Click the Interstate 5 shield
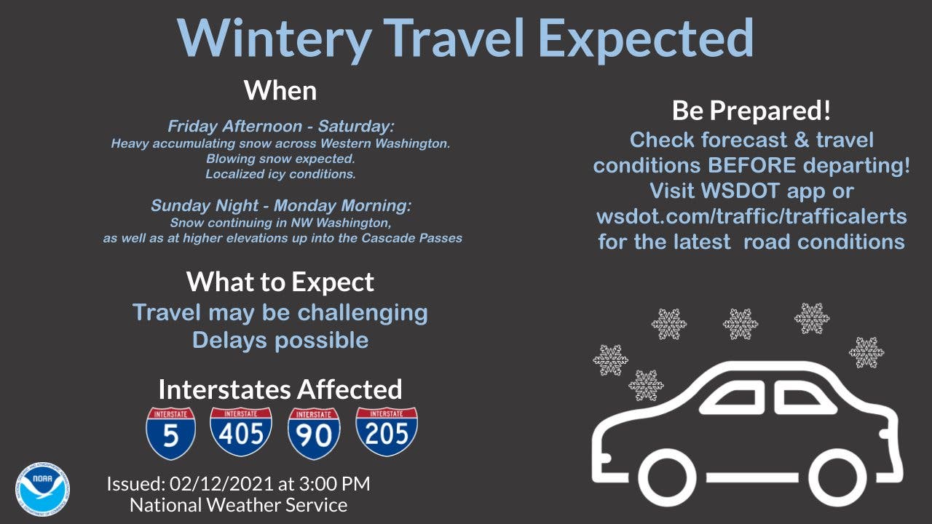click(x=170, y=433)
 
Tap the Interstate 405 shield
click(x=241, y=432)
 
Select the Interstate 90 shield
click(x=314, y=433)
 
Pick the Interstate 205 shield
click(x=387, y=432)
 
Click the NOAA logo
click(x=42, y=489)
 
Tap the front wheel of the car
click(x=667, y=477)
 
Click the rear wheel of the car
click(x=837, y=477)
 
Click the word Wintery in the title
click(x=275, y=39)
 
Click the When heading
click(x=280, y=91)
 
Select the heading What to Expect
click(x=280, y=282)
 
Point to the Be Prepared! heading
click(x=751, y=111)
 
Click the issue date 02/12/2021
click(x=221, y=484)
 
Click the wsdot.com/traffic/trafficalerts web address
click(x=751, y=216)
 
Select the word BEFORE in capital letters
click(x=752, y=165)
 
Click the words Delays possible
click(x=280, y=340)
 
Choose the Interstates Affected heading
click(x=280, y=389)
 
